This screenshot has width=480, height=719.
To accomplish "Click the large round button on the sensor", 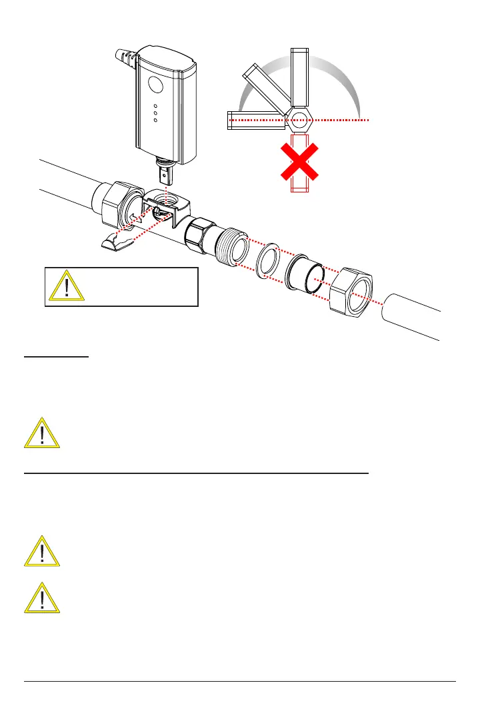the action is click(155, 85).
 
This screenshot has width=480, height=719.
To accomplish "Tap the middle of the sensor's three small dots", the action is click(155, 113).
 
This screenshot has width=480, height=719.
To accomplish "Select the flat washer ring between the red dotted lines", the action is click(268, 259).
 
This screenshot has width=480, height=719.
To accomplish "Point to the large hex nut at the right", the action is click(352, 292).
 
